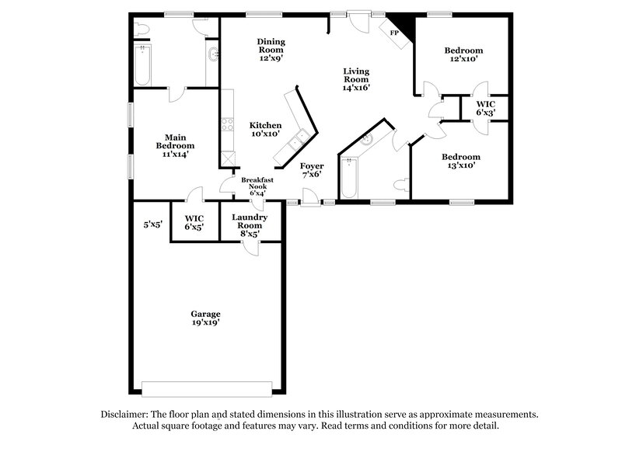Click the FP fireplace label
point(394,33)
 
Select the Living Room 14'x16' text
point(356,79)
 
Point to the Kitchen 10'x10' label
point(264,130)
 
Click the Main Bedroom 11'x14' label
point(175,146)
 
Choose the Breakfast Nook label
point(257,186)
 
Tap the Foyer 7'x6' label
point(313,170)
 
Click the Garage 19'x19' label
point(205,318)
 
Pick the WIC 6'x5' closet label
point(194,222)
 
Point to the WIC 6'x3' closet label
point(486,108)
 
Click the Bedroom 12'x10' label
point(463,54)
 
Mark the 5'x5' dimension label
point(152,225)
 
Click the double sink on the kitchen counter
point(298,141)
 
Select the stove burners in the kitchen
point(227,123)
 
